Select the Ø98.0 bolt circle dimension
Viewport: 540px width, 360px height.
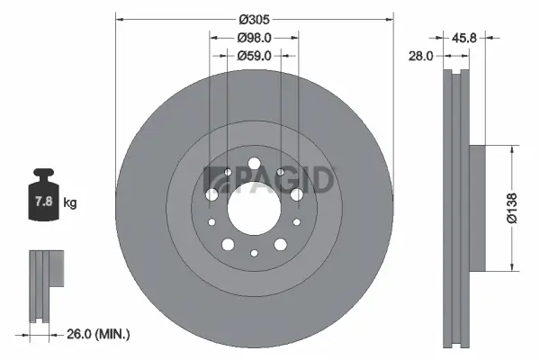pos(255,38)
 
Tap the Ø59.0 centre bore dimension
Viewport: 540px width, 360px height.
pos(255,56)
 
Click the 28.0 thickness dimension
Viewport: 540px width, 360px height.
pos(421,56)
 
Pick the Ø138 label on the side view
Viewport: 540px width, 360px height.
pos(511,207)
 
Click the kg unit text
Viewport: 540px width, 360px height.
pos(70,203)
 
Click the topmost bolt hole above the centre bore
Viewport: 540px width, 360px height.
pos(254,164)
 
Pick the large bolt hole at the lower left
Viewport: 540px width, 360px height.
pos(228,244)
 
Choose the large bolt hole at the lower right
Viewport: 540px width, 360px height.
pos(280,244)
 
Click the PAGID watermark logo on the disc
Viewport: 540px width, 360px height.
pos(270,180)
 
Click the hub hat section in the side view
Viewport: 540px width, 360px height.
pos(477,207)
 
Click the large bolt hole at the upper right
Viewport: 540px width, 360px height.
pos(296,194)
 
